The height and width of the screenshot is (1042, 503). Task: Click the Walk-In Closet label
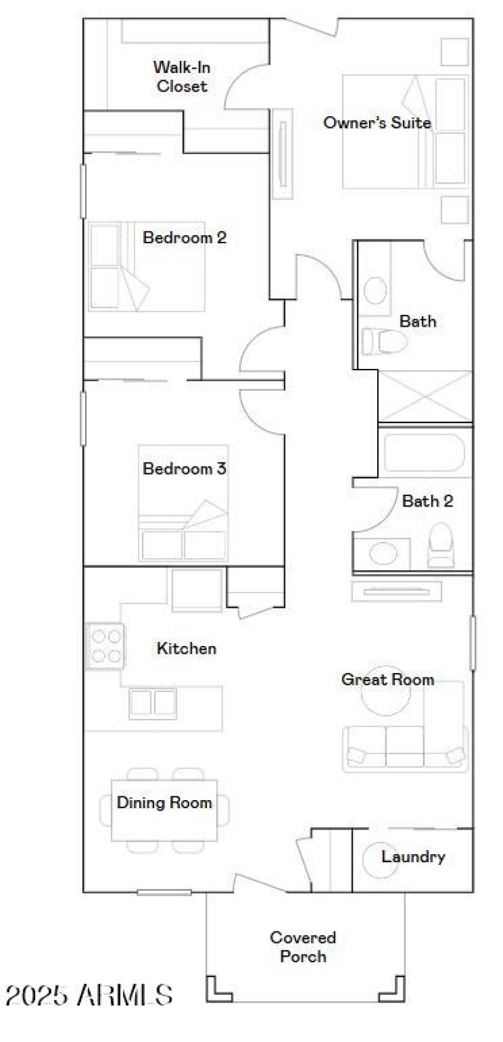[182, 76]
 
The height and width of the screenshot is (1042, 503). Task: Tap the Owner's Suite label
[377, 123]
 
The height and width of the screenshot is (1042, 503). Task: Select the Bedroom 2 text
[184, 238]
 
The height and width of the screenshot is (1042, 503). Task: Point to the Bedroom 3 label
[184, 468]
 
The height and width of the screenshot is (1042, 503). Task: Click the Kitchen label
[186, 648]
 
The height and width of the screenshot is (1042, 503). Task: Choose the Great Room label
[387, 679]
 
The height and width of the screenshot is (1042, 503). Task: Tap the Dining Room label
[164, 803]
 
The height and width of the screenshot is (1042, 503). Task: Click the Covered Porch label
[303, 946]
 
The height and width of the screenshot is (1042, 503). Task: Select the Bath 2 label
[427, 501]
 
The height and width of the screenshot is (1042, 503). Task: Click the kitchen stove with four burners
[106, 647]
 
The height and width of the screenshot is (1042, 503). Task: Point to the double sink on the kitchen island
[152, 703]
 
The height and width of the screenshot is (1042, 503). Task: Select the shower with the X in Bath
[424, 396]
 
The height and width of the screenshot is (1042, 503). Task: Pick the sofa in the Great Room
[406, 748]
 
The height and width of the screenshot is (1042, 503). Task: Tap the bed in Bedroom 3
[183, 503]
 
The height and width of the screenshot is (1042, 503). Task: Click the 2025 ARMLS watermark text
[89, 995]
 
